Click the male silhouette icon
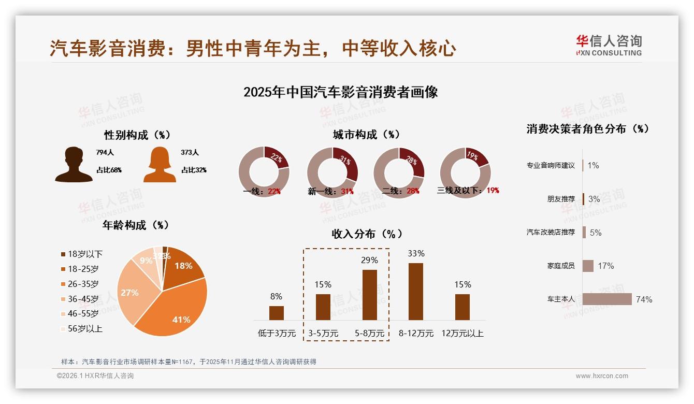(74, 165)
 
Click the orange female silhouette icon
(160, 165)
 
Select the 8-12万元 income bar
(416, 291)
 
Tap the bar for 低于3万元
(277, 313)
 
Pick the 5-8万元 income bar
(369, 295)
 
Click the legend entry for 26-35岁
(83, 284)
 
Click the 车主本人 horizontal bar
(607, 299)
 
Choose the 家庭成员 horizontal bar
(588, 266)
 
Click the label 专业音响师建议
(551, 166)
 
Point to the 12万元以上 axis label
(462, 334)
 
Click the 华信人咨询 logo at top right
(609, 46)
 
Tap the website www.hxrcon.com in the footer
(602, 376)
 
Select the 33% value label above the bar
(416, 254)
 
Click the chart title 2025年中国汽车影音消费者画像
(340, 92)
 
